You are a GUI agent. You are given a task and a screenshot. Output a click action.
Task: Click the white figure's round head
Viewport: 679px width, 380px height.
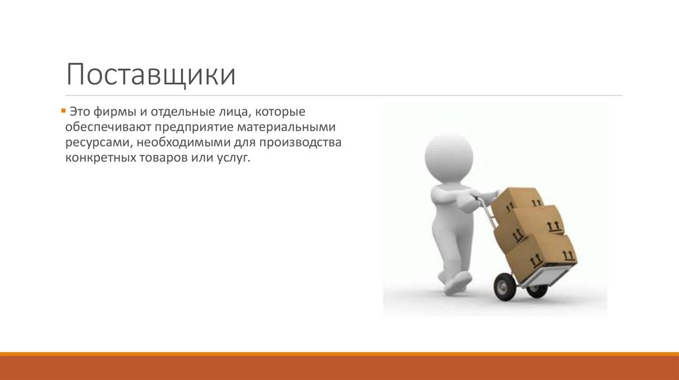tap(449, 158)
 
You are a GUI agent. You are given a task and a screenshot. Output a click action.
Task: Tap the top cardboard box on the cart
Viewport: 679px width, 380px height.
tap(519, 200)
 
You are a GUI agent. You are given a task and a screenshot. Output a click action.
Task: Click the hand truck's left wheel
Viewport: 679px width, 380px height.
tap(505, 286)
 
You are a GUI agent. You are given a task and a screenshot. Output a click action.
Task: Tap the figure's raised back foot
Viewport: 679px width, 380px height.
tap(457, 283)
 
